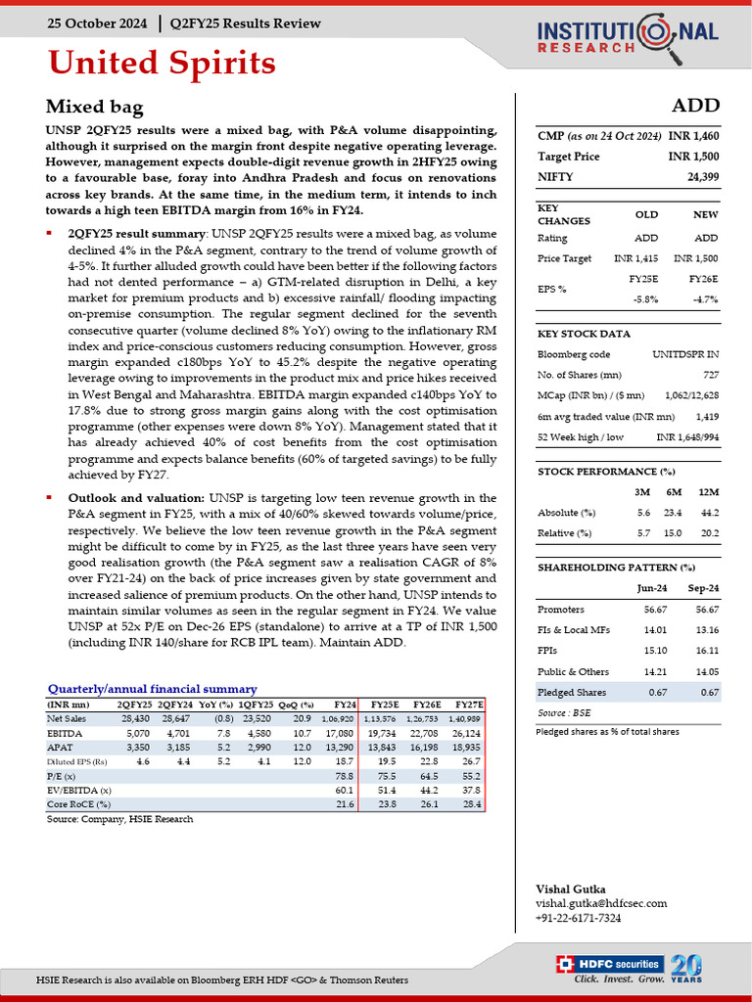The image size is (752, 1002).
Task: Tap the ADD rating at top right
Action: pyautogui.click(x=696, y=106)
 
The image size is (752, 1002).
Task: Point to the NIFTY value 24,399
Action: pyautogui.click(x=701, y=176)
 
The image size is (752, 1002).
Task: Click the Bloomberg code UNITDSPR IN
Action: pyautogui.click(x=685, y=354)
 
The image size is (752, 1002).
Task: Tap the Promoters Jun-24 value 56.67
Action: pyautogui.click(x=645, y=610)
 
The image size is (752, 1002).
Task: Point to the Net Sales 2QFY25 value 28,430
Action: pyautogui.click(x=133, y=718)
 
